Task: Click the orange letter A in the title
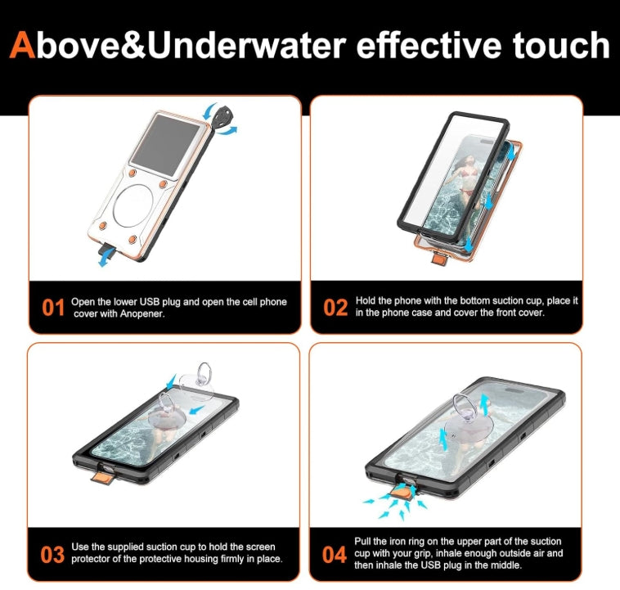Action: tap(23, 45)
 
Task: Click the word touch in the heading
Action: tap(561, 45)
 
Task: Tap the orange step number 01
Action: tap(53, 308)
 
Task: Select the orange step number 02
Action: tap(335, 308)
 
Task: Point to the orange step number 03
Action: tap(52, 554)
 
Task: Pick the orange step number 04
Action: tap(334, 554)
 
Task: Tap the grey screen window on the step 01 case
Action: tap(166, 145)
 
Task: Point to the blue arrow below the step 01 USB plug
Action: tap(105, 259)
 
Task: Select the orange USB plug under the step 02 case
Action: tap(438, 258)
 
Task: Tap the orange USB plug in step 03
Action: tap(103, 476)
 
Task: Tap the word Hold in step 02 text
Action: tap(365, 301)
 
